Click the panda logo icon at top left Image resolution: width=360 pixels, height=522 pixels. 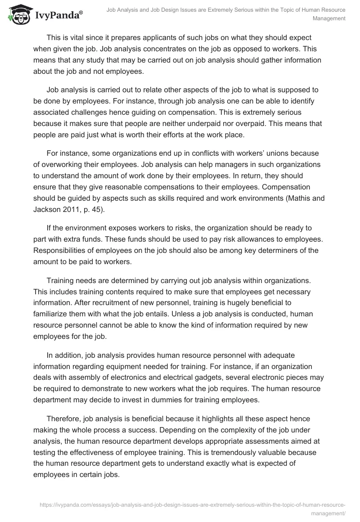18,15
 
